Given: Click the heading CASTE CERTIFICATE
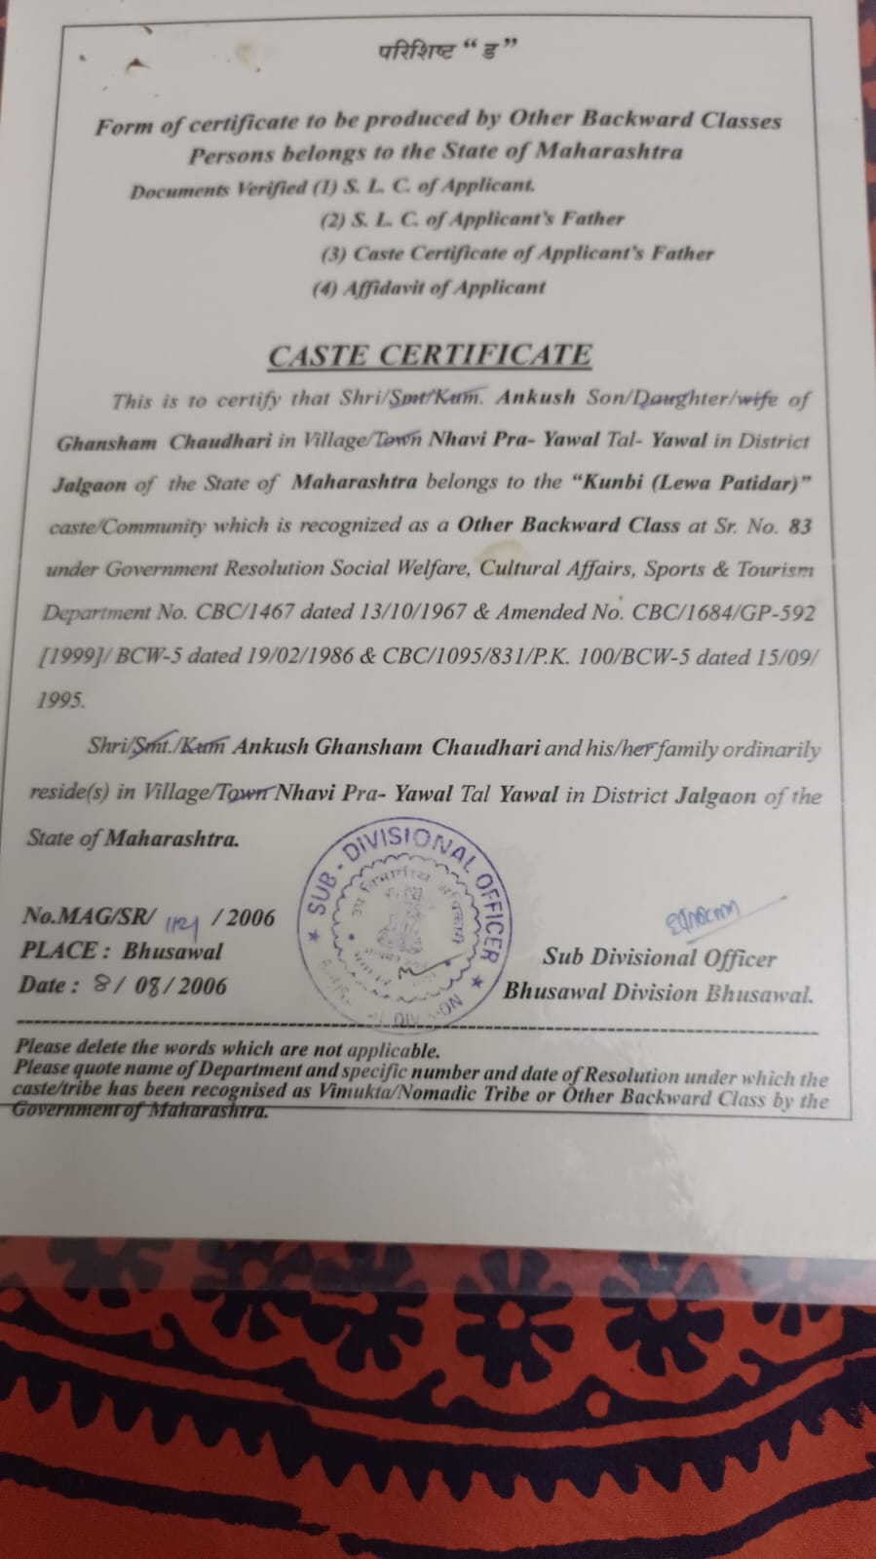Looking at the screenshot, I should [430, 355].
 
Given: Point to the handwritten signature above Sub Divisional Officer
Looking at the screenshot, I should [702, 914].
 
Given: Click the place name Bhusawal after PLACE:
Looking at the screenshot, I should [172, 951].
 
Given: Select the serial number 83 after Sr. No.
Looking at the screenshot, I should [799, 526].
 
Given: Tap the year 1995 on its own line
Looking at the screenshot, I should [60, 699].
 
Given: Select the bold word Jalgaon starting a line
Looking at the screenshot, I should [89, 485].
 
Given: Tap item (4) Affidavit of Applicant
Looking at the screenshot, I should [429, 288].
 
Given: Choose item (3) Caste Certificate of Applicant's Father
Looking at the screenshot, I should [517, 253].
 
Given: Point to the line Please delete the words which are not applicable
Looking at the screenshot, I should [227, 1049].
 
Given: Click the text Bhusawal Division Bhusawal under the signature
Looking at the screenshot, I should [658, 994].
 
